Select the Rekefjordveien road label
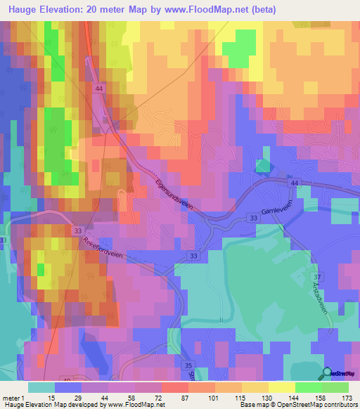click(x=105, y=247)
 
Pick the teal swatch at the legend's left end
click(x=41, y=387)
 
